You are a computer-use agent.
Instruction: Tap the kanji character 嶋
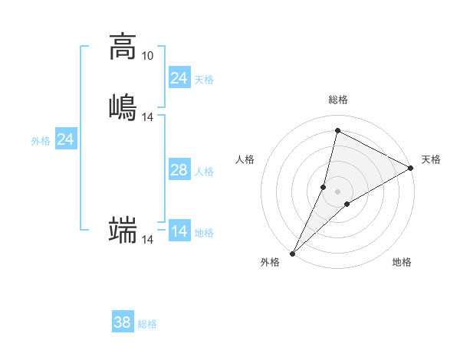click(123, 106)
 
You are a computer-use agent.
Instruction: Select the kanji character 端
click(123, 230)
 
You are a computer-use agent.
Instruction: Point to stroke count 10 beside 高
click(147, 56)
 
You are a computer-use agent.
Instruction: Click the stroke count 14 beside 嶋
click(148, 117)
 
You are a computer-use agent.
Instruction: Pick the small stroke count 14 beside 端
click(148, 240)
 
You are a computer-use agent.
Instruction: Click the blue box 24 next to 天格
click(179, 78)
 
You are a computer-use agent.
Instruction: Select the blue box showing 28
click(179, 170)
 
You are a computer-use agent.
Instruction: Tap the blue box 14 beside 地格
click(179, 231)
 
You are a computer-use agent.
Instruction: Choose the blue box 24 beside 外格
click(66, 139)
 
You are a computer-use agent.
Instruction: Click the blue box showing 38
click(123, 322)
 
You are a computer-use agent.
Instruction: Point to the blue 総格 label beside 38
click(147, 324)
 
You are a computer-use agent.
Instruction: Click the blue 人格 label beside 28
click(204, 172)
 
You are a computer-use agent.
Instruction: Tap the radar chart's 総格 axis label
click(338, 100)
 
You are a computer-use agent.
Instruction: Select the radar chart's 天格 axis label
click(431, 159)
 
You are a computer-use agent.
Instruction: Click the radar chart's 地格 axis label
click(402, 262)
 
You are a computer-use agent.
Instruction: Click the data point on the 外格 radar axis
click(293, 253)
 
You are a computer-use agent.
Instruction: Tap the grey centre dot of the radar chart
click(338, 191)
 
